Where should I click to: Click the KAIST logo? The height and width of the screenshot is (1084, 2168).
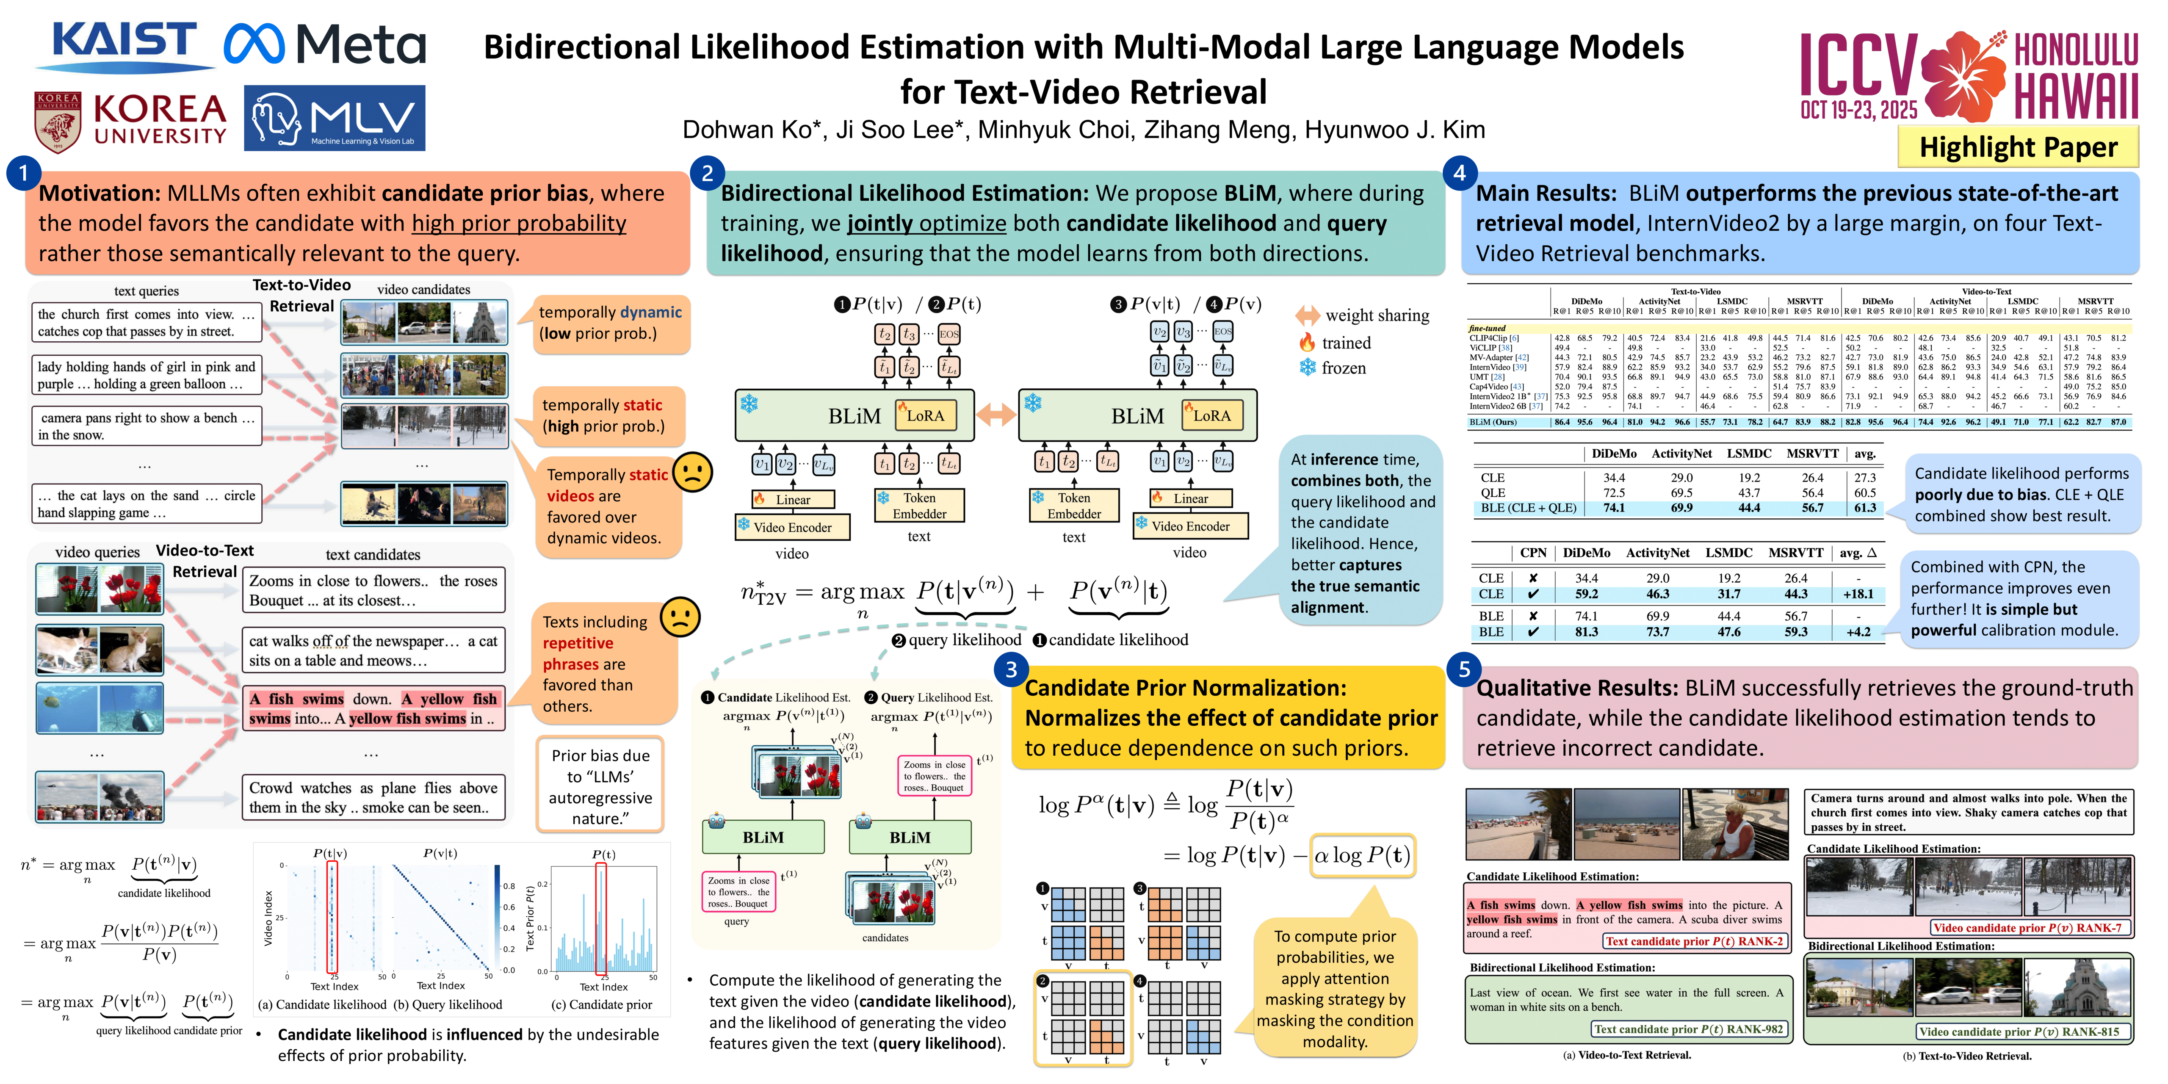124,44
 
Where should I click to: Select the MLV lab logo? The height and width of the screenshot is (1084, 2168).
334,118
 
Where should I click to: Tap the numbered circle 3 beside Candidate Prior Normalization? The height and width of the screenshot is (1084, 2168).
1011,669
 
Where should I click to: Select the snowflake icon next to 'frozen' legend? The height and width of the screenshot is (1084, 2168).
1307,368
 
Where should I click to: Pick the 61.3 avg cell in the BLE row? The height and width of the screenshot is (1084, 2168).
1865,508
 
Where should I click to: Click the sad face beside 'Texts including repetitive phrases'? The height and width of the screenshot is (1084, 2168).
680,617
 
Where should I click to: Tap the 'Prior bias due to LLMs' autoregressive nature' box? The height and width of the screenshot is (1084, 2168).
600,786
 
